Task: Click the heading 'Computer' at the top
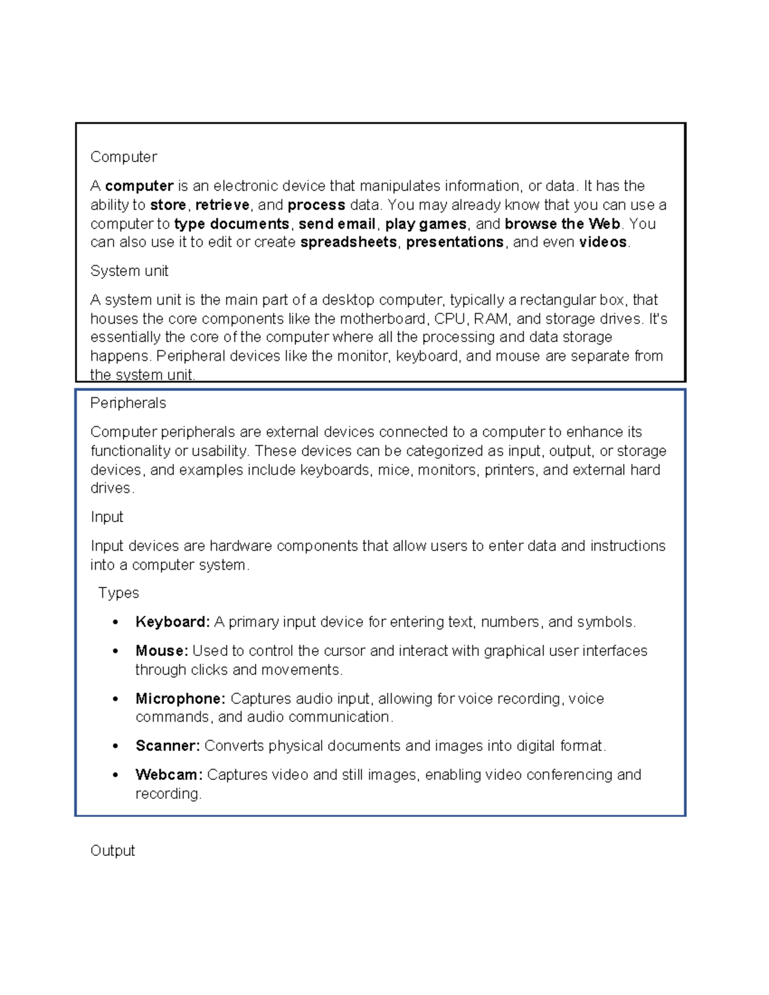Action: [x=124, y=157]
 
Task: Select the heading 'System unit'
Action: [x=129, y=271]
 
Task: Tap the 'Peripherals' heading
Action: [x=128, y=403]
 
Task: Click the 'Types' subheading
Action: [x=119, y=593]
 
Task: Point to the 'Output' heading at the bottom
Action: [x=113, y=851]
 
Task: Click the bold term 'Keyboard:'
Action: [x=172, y=622]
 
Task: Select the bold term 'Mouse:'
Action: [x=161, y=651]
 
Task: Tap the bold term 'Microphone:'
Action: [x=180, y=698]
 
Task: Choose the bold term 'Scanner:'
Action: [x=168, y=746]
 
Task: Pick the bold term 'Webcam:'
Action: [x=169, y=775]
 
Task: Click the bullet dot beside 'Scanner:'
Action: [x=115, y=746]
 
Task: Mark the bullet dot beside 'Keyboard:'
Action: [x=115, y=622]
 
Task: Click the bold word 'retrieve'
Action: [x=222, y=205]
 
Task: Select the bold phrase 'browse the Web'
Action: [x=563, y=224]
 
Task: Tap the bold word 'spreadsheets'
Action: [x=349, y=242]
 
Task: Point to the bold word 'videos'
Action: [x=602, y=242]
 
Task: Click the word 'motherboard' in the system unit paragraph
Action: [x=382, y=319]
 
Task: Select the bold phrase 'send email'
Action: [x=337, y=224]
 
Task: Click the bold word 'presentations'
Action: [x=455, y=242]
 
